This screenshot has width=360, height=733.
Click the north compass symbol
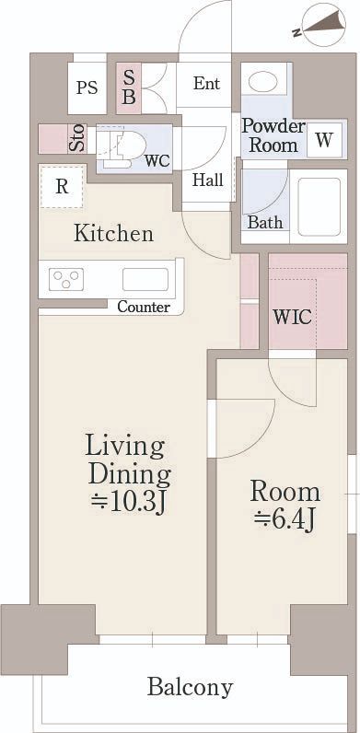323,24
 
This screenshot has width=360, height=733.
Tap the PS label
87,87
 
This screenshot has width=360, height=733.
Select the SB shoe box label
129,88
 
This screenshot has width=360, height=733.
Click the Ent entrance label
206,84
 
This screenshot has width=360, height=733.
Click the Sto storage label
77,138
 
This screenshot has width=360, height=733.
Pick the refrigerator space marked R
63,187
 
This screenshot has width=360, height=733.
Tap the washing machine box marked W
324,139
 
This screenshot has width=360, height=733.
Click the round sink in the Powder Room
262,82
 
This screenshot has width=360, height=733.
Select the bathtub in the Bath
319,206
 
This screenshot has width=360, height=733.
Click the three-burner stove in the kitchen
66,280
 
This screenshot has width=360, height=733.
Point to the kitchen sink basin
145,279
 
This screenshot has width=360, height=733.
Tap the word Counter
144,308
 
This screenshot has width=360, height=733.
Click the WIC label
292,318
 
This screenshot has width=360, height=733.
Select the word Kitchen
113,233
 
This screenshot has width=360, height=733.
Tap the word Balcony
190,688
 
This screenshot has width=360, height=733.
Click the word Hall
207,180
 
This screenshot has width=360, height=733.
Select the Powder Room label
273,135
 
